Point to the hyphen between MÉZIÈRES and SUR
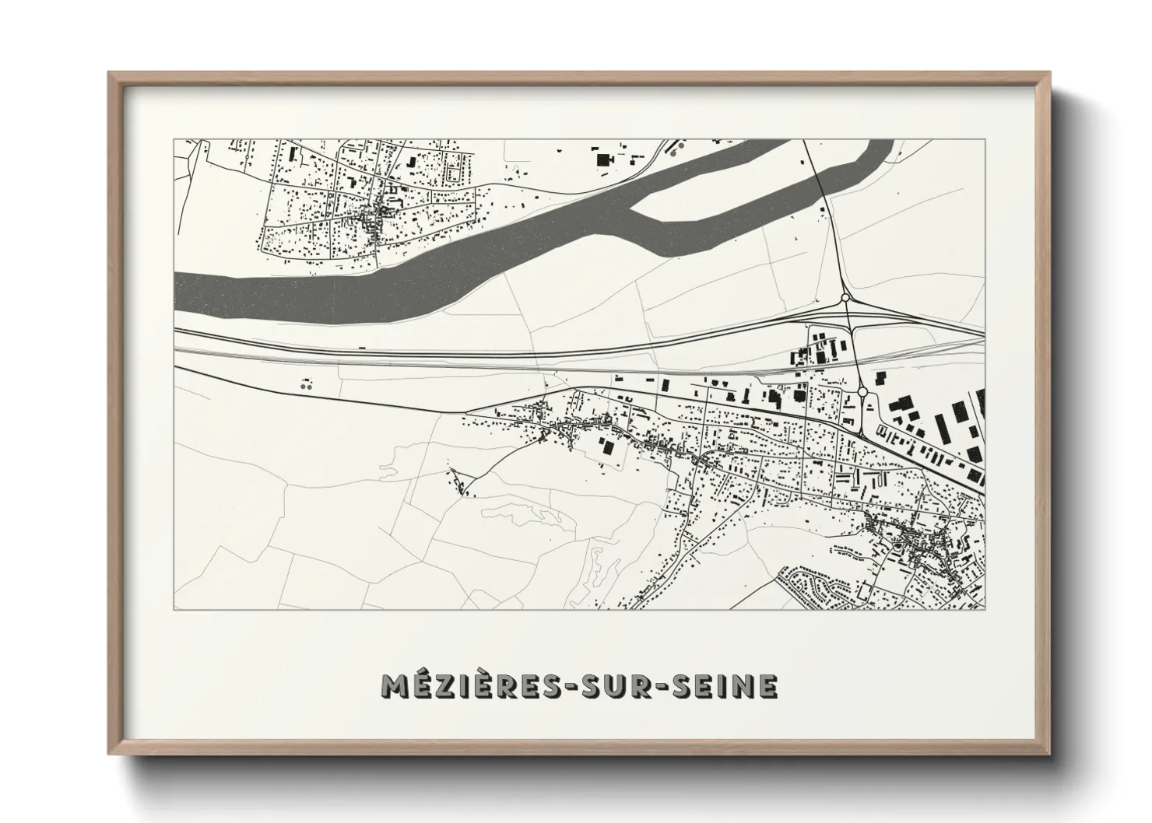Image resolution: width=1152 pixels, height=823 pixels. (551, 687)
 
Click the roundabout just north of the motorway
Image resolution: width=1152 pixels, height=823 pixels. (845, 297)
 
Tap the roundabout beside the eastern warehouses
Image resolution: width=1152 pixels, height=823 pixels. (862, 391)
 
